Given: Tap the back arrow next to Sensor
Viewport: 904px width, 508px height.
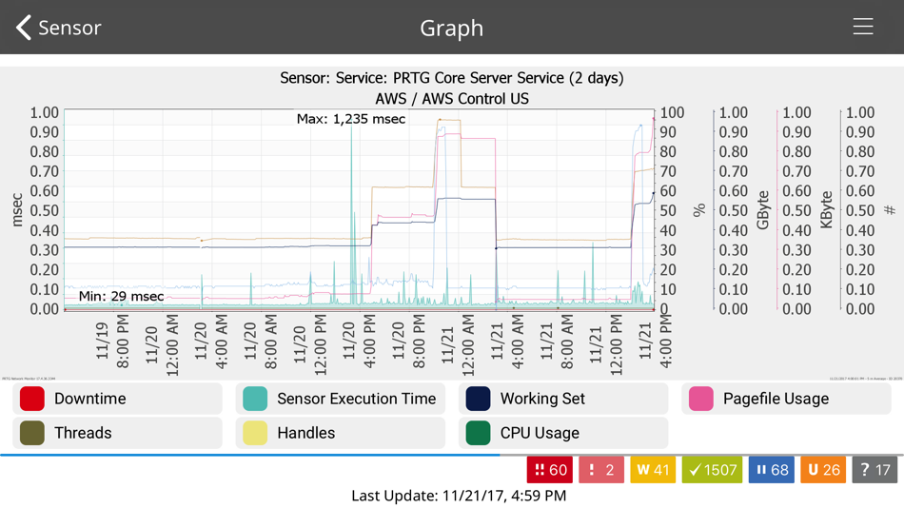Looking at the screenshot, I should click(24, 28).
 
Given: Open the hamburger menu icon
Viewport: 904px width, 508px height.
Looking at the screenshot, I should click(862, 27).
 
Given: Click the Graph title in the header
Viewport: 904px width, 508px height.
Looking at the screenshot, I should click(451, 28).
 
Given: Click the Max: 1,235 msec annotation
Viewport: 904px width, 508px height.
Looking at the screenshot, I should click(350, 119).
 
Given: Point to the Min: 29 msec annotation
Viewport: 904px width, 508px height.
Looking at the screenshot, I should click(121, 296).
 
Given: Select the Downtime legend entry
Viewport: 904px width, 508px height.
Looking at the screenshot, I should click(117, 399).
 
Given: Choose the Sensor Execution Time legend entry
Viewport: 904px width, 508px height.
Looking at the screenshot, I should click(340, 399).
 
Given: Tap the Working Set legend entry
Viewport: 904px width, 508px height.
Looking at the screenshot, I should click(563, 399).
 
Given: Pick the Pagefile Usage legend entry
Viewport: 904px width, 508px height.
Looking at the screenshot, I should click(786, 399).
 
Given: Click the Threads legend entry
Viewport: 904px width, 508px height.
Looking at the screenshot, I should click(117, 433).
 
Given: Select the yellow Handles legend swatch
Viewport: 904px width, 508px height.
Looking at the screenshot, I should click(255, 433).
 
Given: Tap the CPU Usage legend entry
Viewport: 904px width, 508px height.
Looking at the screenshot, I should click(563, 433).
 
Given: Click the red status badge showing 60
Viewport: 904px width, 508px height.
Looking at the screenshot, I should click(550, 470).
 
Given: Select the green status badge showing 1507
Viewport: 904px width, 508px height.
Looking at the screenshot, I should click(712, 470).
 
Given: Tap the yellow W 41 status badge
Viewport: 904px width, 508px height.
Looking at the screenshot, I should click(653, 470).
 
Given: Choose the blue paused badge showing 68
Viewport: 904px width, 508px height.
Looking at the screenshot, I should click(771, 470).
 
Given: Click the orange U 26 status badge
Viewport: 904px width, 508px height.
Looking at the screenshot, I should click(823, 470).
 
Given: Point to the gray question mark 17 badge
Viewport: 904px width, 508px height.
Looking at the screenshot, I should click(875, 470).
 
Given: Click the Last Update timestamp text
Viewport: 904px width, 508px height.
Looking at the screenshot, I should click(459, 496).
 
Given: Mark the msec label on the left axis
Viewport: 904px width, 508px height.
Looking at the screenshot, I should click(17, 210).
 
